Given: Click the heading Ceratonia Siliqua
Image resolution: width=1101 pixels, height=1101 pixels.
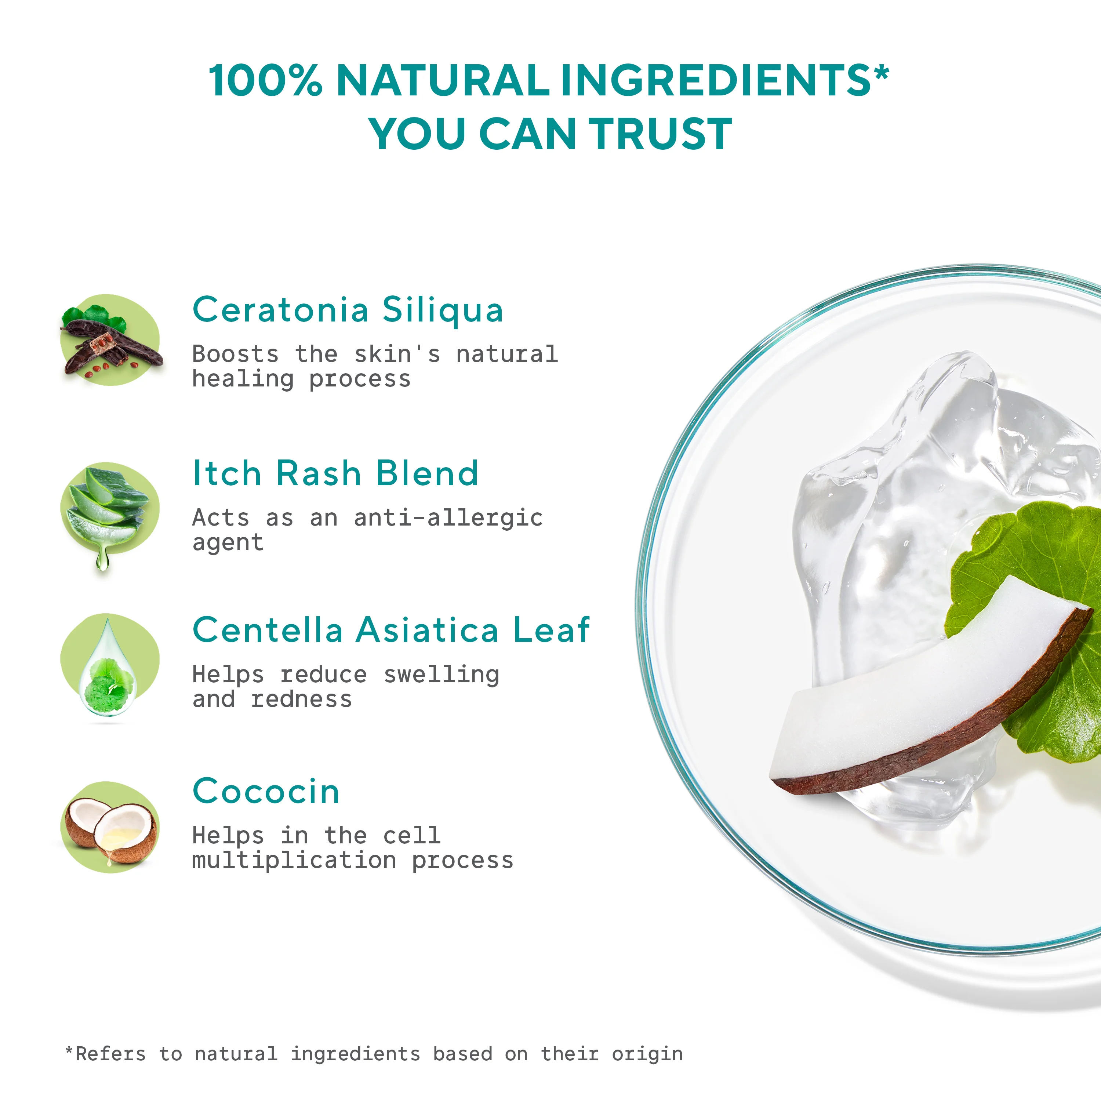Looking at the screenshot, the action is [348, 310].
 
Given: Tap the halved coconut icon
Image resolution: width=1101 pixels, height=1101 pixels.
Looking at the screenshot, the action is [109, 827].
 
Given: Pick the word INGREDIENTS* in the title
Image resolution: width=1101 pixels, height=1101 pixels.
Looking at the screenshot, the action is [724, 80].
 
